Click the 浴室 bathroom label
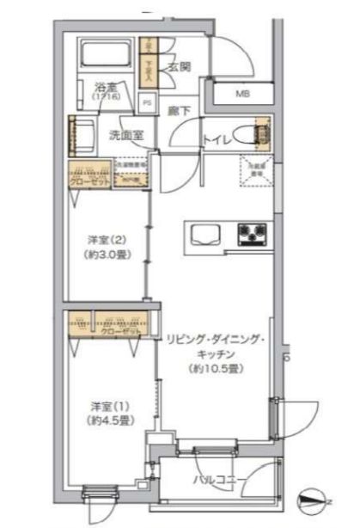pyautogui.click(x=106, y=89)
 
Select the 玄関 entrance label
pyautogui.click(x=179, y=67)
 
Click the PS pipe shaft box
pyautogui.click(x=148, y=101)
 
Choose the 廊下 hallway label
pyautogui.click(x=179, y=110)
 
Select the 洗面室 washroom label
pyautogui.click(x=126, y=134)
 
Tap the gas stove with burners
pyautogui.click(x=253, y=232)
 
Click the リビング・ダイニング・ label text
pyautogui.click(x=216, y=339)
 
